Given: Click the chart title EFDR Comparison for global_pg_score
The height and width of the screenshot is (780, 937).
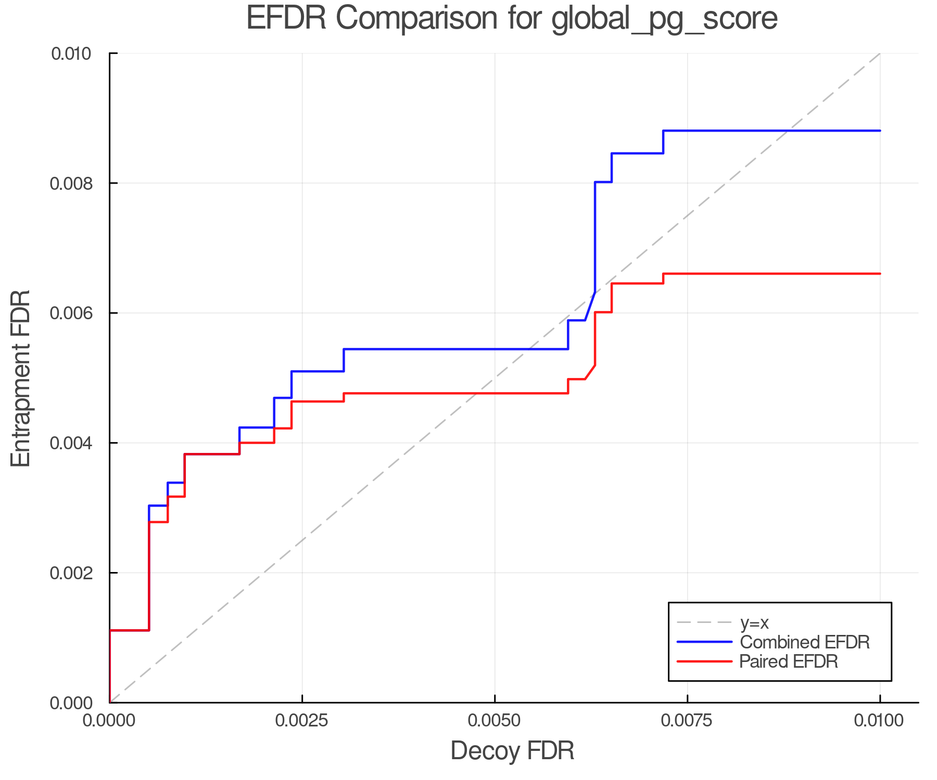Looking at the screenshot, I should click(x=512, y=19).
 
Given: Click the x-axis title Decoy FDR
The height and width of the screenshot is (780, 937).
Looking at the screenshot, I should click(x=512, y=751).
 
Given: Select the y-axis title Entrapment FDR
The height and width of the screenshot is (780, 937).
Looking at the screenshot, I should click(x=21, y=378).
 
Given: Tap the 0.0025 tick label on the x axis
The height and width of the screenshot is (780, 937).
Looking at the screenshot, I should click(x=302, y=721).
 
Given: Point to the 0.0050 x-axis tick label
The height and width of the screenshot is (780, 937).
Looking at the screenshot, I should click(x=495, y=721).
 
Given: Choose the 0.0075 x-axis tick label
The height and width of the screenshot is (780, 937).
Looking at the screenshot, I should click(x=687, y=721).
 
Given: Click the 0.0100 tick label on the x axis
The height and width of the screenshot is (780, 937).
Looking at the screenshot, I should click(x=880, y=721).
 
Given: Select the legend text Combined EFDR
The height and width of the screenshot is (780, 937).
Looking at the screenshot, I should click(x=805, y=642).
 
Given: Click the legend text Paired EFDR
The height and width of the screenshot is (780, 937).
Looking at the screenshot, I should click(x=789, y=661).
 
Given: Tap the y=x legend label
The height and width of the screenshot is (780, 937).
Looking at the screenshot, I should click(x=755, y=623).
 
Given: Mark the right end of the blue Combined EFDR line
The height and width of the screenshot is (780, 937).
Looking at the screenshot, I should click(x=880, y=131).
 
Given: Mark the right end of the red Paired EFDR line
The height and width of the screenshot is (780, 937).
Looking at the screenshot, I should click(x=880, y=274).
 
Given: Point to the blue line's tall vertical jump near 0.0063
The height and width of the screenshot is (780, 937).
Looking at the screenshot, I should click(x=595, y=237).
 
